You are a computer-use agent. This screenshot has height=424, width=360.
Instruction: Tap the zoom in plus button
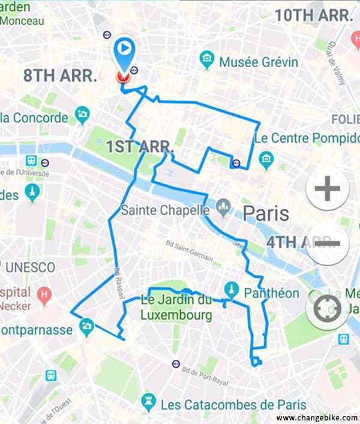pos(327,190)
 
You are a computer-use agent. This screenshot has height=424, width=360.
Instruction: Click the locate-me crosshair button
pos(326,309)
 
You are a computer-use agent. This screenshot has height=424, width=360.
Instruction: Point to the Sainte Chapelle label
pos(165,211)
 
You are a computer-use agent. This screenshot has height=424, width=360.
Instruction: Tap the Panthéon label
pos(272,293)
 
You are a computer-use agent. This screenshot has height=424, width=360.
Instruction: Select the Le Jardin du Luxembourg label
pos(176,307)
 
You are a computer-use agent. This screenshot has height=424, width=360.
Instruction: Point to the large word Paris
pos(266,213)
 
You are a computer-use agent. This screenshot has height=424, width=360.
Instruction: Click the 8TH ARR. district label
pos(60,76)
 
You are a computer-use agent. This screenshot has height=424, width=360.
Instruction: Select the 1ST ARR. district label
pos(140,146)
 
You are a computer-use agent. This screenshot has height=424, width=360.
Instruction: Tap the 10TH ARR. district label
pos(313,16)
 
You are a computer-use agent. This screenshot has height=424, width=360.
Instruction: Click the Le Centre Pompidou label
pos(307,138)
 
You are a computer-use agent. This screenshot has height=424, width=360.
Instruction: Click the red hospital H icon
pos(44,295)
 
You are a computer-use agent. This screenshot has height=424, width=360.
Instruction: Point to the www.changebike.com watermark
pos(317,417)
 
